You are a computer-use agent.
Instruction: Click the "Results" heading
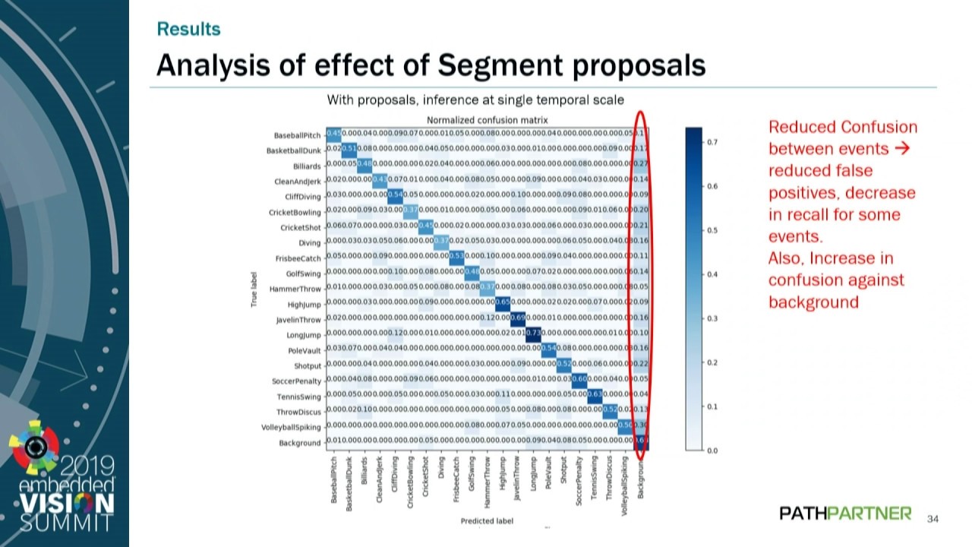tap(188, 29)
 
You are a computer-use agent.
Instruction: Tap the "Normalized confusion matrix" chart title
tap(487, 120)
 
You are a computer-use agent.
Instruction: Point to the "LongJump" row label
tap(304, 335)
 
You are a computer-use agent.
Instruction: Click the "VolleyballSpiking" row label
tap(291, 427)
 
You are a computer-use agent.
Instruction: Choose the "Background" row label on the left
tap(300, 443)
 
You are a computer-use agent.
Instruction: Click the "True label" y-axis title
tap(255, 289)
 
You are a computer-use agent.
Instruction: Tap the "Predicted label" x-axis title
tap(487, 521)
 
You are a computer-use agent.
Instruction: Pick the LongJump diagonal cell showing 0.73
tap(533, 334)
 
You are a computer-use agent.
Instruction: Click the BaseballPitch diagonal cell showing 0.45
tap(334, 134)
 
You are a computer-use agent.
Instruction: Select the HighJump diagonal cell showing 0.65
tap(502, 303)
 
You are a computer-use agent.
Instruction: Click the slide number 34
tap(933, 519)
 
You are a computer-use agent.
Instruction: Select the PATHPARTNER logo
tap(845, 514)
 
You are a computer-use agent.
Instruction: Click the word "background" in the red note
tap(813, 302)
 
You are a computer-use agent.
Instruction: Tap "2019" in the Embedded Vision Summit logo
tap(87, 464)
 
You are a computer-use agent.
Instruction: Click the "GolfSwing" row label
tap(304, 273)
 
